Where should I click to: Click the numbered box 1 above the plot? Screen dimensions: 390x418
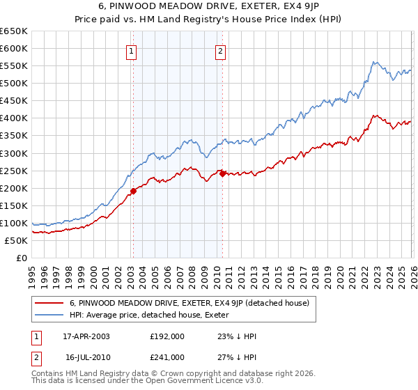132,50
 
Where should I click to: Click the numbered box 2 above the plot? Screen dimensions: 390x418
220,50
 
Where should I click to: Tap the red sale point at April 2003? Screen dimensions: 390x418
133,191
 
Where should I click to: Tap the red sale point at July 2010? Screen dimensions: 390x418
222,174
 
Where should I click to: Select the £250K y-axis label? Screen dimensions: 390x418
14,171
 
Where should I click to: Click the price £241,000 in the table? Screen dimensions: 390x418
167,357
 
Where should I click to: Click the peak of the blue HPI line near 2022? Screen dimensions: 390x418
374,63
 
